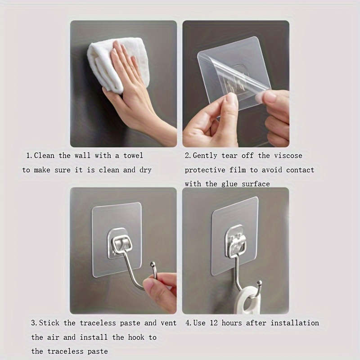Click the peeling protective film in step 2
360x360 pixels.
click(x=234, y=72)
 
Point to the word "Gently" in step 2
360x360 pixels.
click(x=206, y=156)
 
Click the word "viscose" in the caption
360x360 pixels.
click(x=288, y=156)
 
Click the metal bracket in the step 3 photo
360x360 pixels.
click(x=120, y=243)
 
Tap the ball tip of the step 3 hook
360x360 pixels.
click(x=153, y=265)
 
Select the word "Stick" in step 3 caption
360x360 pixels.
click(x=50, y=323)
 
